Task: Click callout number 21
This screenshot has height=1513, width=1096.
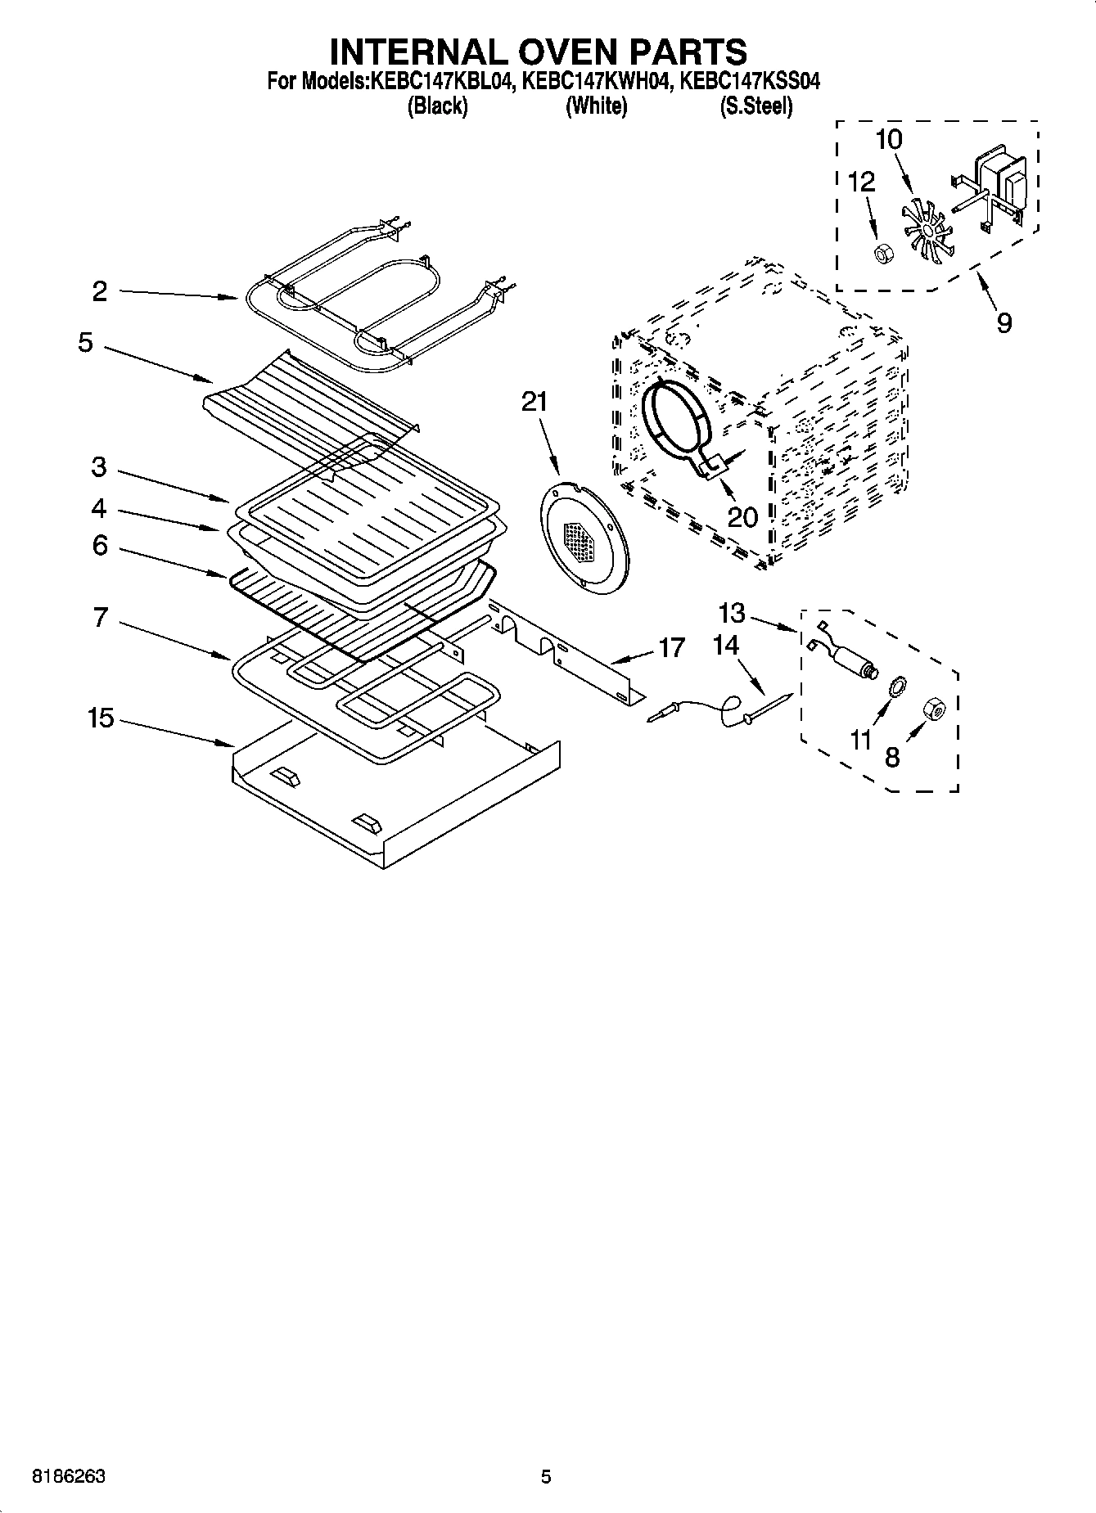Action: [534, 402]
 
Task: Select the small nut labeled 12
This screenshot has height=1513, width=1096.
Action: [882, 254]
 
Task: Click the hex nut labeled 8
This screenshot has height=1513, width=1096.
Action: [934, 709]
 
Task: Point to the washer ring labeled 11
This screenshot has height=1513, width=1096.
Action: [896, 686]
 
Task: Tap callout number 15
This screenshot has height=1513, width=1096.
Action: [101, 719]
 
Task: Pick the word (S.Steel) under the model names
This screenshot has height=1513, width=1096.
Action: [755, 106]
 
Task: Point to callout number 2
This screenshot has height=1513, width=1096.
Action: [100, 291]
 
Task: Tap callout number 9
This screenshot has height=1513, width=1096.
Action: [1004, 322]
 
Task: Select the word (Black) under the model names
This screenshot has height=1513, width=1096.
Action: [437, 106]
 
